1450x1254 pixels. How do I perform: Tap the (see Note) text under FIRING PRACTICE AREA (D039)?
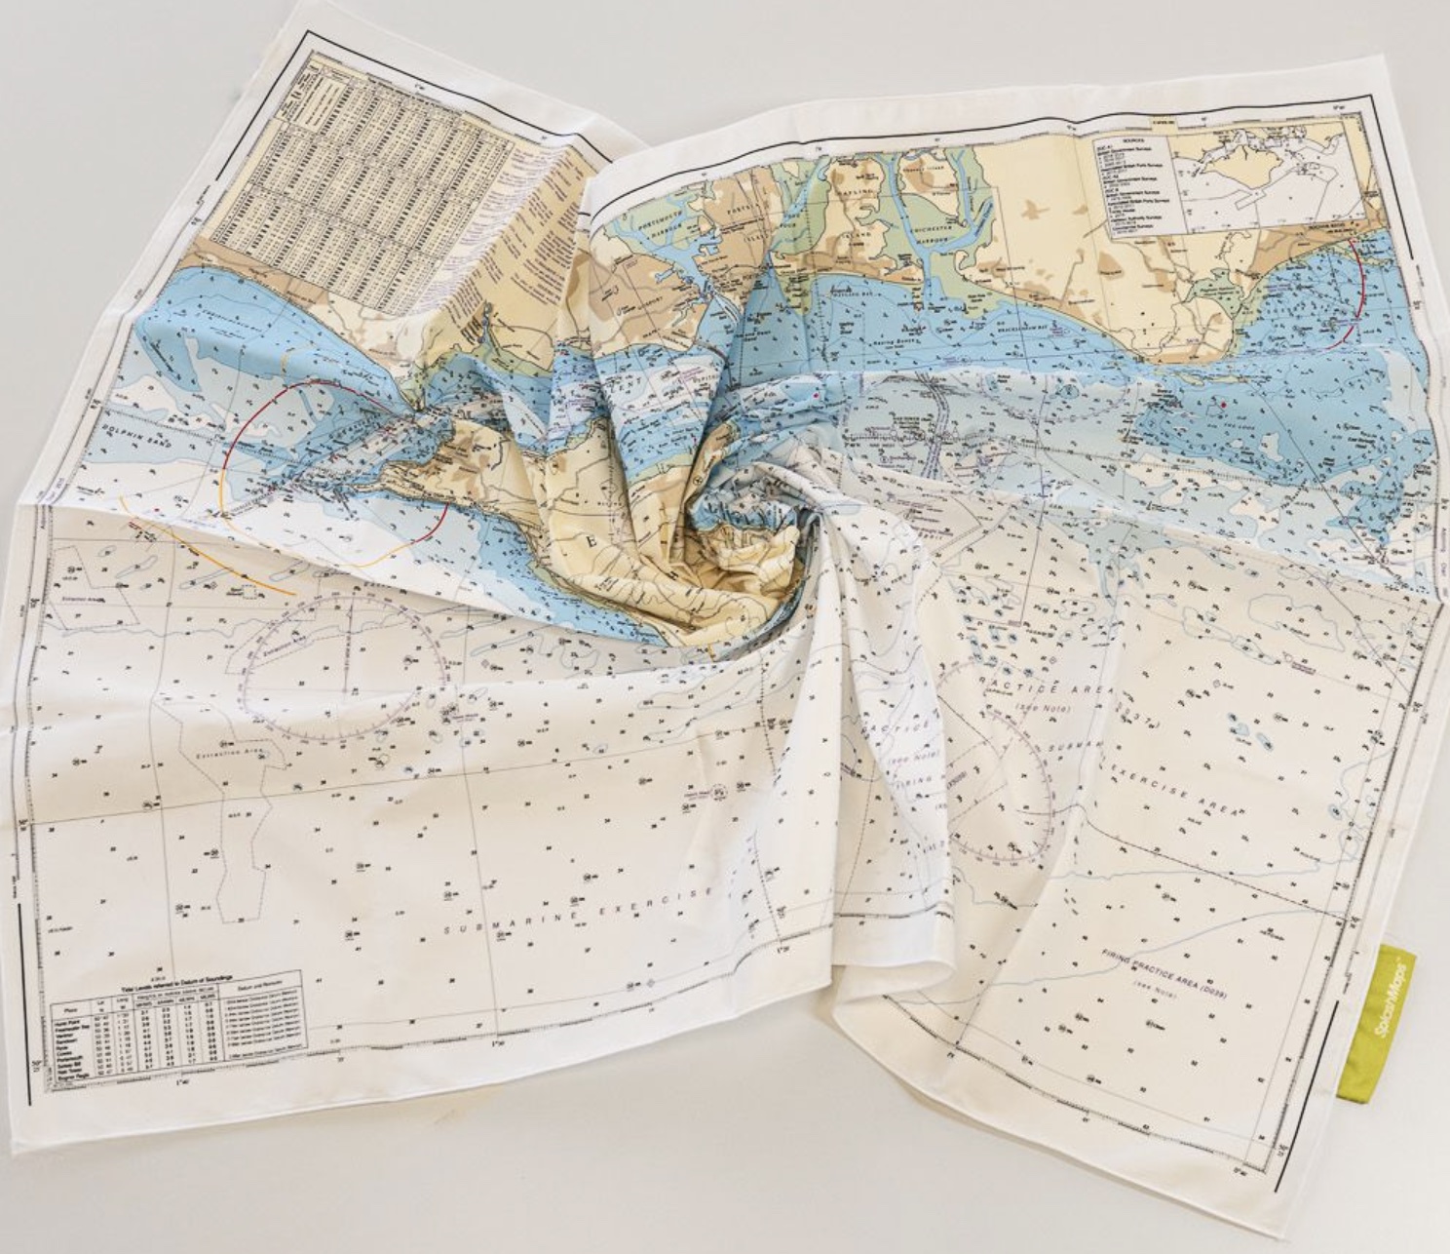coord(1154,994)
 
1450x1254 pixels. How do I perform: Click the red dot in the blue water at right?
coord(1222,401)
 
